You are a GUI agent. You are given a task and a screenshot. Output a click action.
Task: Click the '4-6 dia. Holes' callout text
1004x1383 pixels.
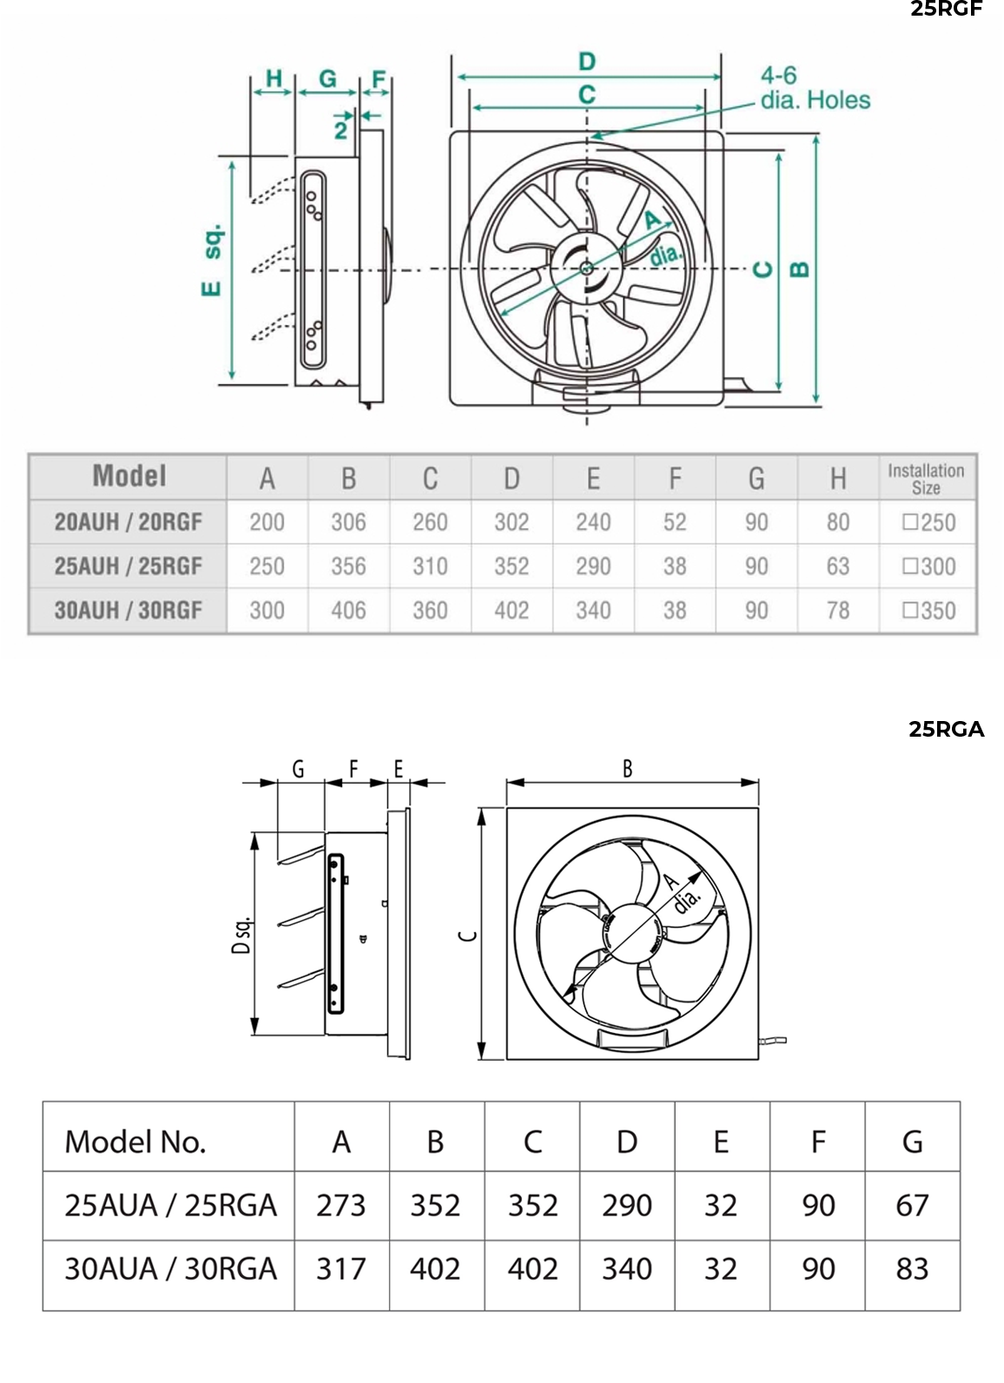tap(814, 89)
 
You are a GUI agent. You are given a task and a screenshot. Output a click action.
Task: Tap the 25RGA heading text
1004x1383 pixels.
tap(946, 730)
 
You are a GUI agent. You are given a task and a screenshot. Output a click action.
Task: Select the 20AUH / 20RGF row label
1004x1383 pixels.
tap(128, 522)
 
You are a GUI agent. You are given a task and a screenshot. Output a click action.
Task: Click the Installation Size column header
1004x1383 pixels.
tap(926, 479)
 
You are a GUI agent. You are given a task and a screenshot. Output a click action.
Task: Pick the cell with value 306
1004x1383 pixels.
tap(348, 522)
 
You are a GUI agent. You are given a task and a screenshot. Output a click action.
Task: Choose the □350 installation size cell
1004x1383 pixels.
tap(928, 611)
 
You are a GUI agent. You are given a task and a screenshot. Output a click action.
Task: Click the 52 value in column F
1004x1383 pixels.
tap(675, 522)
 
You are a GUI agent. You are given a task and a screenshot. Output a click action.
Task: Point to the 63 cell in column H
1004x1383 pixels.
tap(837, 566)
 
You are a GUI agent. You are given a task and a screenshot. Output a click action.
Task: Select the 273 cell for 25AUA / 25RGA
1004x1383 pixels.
tap(341, 1206)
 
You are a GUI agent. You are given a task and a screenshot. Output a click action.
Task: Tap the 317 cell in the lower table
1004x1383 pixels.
tap(341, 1269)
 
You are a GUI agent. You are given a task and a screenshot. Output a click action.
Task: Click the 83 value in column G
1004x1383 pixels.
tap(912, 1269)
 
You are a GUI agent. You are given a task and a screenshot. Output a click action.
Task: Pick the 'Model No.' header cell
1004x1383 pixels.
tap(135, 1141)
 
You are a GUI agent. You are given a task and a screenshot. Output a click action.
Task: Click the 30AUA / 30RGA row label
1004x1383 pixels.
tap(170, 1269)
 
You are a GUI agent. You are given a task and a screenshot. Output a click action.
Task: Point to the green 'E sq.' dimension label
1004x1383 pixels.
tap(212, 261)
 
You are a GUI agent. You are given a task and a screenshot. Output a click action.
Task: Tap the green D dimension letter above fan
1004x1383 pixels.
tap(587, 62)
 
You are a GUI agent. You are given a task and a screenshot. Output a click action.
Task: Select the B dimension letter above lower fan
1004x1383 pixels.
tap(627, 769)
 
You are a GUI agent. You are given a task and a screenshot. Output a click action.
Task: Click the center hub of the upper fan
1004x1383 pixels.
tap(587, 268)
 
